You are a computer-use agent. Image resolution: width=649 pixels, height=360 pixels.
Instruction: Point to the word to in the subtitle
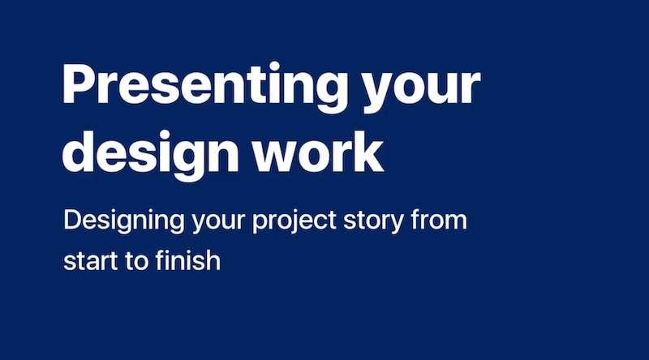(x=132, y=262)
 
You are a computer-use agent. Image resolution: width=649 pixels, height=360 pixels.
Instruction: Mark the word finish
(x=186, y=260)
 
